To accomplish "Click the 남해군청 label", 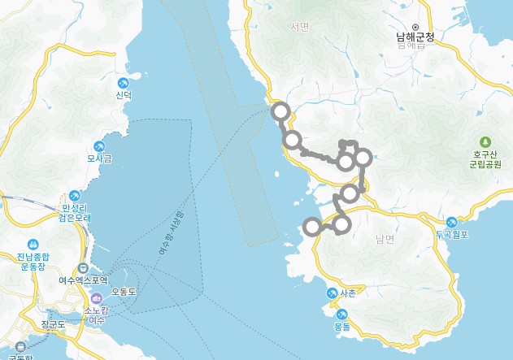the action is point(415,37).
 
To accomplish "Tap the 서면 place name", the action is point(300,27).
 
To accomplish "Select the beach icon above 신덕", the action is point(123,83).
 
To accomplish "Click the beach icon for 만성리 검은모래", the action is point(75,196).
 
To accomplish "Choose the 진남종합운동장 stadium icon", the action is point(33,244).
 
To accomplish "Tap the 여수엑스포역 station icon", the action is point(83,269).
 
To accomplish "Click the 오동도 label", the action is point(124,291).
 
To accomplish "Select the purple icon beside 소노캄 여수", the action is point(96,298).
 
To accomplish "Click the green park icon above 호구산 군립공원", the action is point(485,141).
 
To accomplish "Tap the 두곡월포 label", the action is point(453,233).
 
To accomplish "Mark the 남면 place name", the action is point(385,239).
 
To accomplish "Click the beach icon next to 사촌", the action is point(332,293).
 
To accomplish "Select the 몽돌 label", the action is point(341,326).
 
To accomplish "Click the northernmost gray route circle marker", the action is point(280,111).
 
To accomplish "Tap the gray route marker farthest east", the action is point(363,158).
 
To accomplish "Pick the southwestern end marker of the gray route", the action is point(311,226).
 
